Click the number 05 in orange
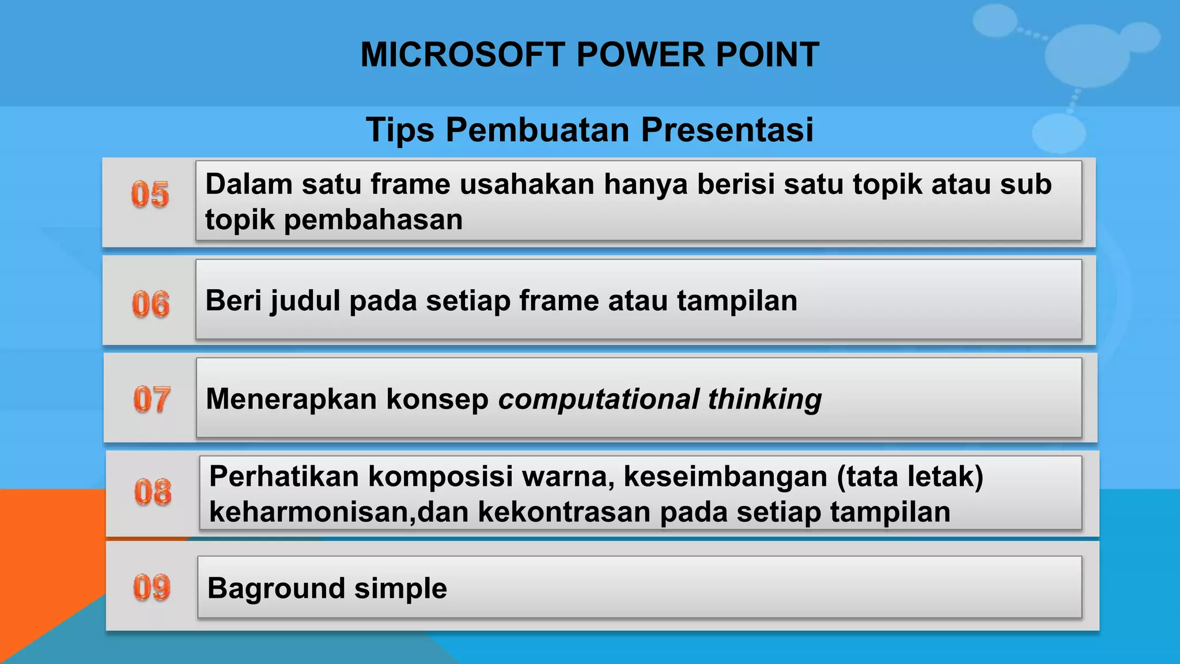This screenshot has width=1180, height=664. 150,194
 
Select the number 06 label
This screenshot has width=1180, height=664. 150,304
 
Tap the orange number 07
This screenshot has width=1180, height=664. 151,399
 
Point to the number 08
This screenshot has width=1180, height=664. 153,492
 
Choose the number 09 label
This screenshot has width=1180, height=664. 152,587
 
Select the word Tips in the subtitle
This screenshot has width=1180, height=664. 400,130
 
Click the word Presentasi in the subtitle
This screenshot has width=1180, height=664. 727,130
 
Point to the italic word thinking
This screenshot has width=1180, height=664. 765,399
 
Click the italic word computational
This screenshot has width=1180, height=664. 599,399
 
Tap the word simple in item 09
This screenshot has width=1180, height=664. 400,588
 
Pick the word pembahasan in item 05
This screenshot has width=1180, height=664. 373,220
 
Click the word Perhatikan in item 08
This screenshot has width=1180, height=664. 283,477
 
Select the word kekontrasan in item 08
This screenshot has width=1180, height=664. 564,512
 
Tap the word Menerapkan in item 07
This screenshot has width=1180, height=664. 291,399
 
